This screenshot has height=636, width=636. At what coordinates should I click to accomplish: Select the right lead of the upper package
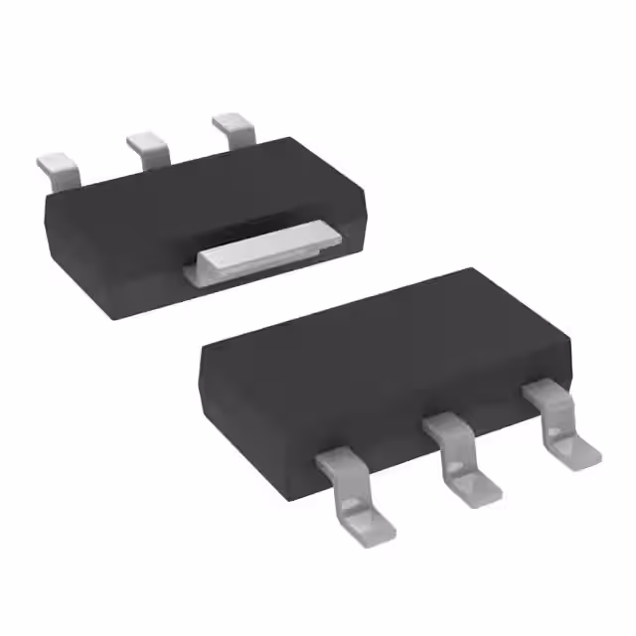(x=236, y=129)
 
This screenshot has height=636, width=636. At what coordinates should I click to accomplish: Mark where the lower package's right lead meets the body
(x=543, y=393)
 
